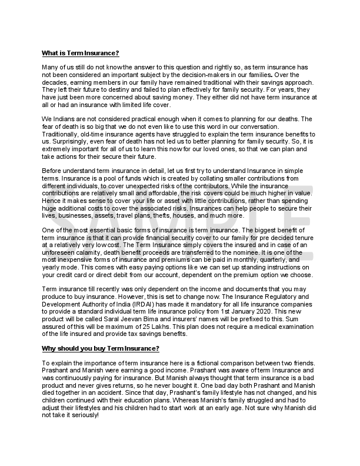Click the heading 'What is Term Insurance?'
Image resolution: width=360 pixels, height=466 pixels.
(x=81, y=54)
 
